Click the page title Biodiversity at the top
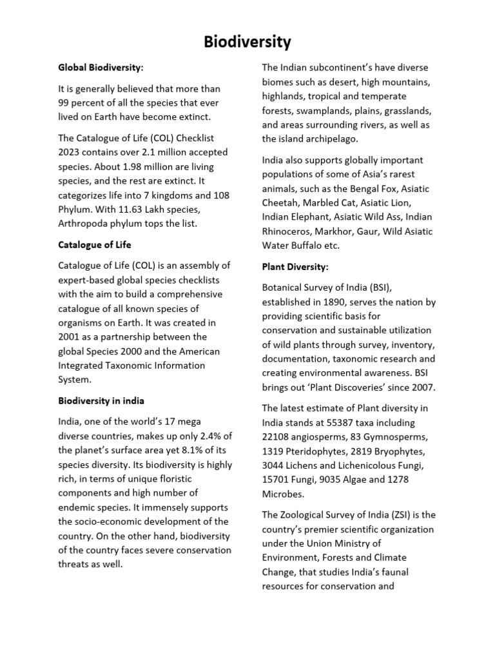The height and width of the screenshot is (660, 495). click(x=247, y=43)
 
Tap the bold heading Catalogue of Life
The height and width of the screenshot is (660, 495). click(x=95, y=245)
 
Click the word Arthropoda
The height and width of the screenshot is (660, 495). click(x=84, y=224)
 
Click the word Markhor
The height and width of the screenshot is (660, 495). click(x=329, y=231)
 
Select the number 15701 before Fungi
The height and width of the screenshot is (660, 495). click(x=277, y=480)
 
